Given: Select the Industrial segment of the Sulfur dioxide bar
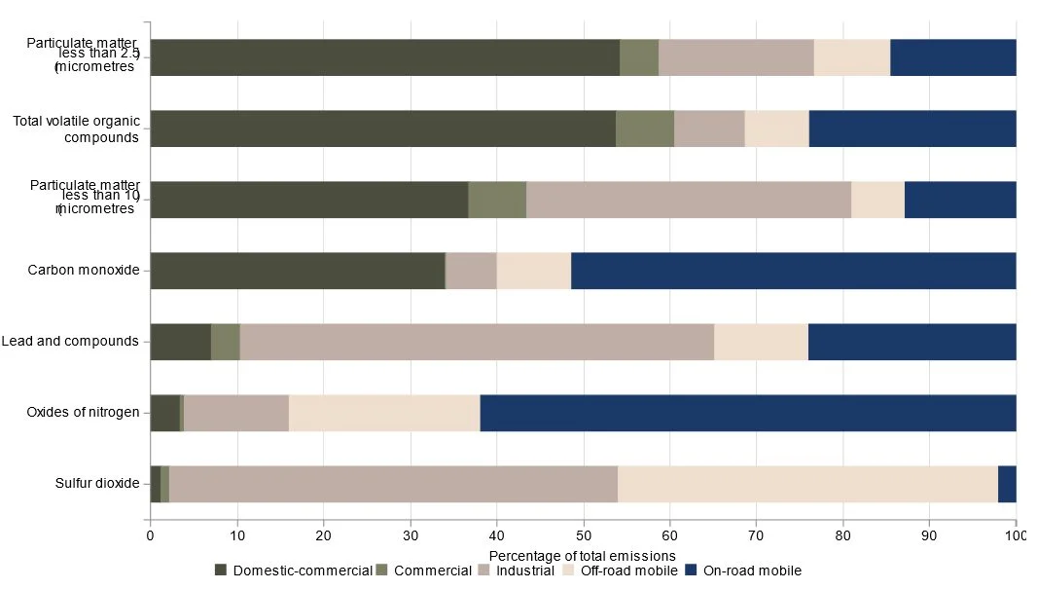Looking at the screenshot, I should point(393,484).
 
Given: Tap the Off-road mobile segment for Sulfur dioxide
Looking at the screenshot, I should point(807,484).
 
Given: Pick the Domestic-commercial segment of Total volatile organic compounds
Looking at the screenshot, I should point(382,129).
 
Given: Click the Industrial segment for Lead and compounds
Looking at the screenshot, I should point(477,342).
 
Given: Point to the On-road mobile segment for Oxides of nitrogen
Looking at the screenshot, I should point(748,413).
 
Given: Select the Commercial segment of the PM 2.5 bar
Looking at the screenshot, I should point(639,57).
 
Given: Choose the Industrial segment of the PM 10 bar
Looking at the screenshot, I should point(689,200).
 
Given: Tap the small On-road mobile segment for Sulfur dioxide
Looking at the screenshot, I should point(1007,484).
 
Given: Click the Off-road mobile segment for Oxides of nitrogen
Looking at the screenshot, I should point(384,413).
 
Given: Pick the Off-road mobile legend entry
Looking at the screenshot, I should point(622,571).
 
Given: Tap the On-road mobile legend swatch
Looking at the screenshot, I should point(692,571).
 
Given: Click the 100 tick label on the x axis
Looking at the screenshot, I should point(1016,534).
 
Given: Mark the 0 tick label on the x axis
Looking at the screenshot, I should point(150,534).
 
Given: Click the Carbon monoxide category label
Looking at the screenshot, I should point(84,271).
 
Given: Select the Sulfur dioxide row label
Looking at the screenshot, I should point(97,484).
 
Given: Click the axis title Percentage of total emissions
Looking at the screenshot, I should point(582,556).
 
